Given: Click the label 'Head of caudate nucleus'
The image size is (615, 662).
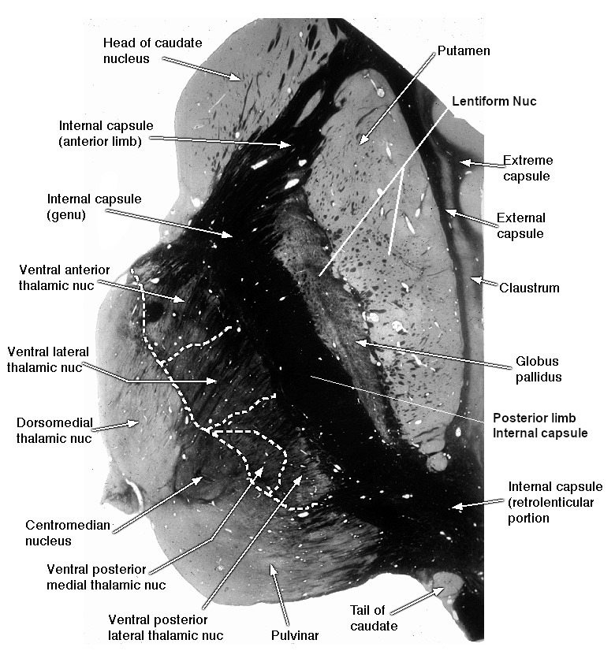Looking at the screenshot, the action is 152,50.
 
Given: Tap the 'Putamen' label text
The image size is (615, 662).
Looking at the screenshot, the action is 464,50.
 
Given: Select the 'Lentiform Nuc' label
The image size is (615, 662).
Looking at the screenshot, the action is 494,102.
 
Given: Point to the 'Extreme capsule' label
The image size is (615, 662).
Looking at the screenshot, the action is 527,168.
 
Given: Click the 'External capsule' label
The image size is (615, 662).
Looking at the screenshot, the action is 520,225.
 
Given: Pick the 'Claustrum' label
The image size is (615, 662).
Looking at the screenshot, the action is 529,288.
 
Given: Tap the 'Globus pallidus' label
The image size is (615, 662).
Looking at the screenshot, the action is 539,369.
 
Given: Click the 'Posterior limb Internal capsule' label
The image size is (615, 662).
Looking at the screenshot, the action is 540,426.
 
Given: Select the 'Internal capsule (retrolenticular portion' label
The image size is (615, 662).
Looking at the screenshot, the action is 555,502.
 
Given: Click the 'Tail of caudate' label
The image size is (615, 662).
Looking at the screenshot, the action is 374,618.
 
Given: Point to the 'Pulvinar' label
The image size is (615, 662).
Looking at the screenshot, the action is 295,635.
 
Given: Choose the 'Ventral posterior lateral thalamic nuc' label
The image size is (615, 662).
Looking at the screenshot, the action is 166,627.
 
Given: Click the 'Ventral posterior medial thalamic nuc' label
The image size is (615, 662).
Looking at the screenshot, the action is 106,577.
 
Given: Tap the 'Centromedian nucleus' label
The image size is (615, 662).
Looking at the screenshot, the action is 68,533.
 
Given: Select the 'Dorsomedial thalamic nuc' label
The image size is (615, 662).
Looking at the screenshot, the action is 54,430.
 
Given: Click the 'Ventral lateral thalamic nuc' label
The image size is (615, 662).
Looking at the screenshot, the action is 48,359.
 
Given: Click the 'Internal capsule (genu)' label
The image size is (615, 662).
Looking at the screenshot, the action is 94,206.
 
